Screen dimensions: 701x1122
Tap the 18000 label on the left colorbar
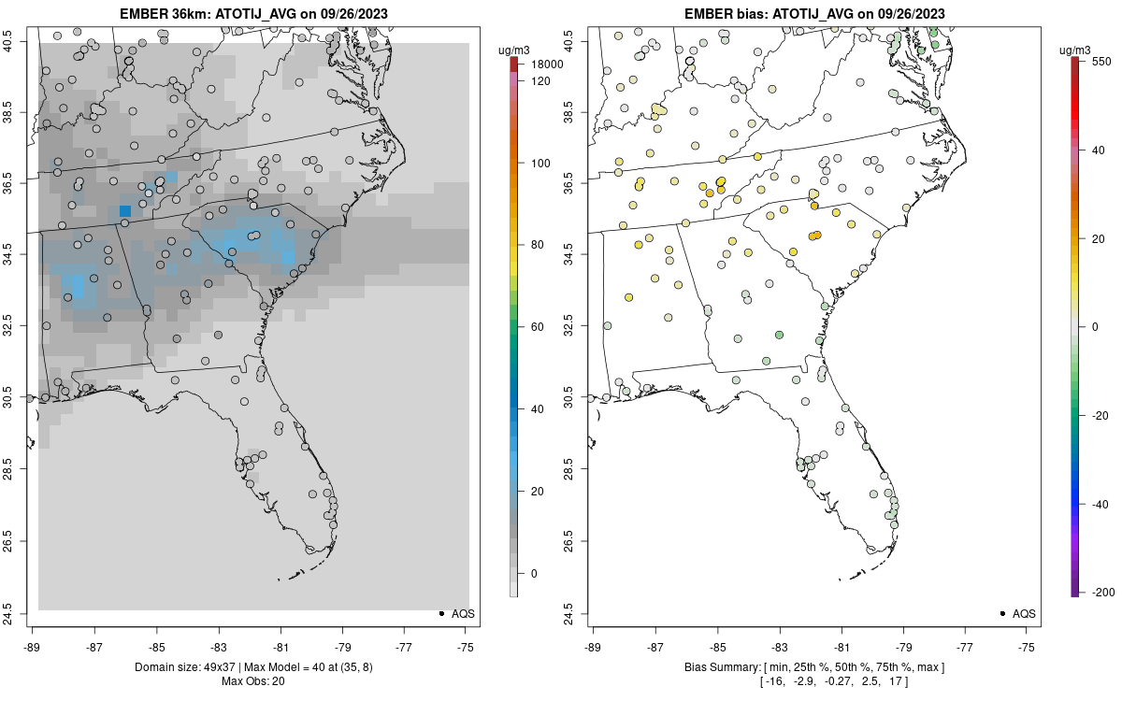(x=548, y=64)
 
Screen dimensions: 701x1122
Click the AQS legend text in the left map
(x=463, y=613)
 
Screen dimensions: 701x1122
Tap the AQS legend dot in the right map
(x=1001, y=613)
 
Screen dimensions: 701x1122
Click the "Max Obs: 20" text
(x=253, y=680)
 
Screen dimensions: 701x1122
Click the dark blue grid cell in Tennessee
(x=125, y=211)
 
